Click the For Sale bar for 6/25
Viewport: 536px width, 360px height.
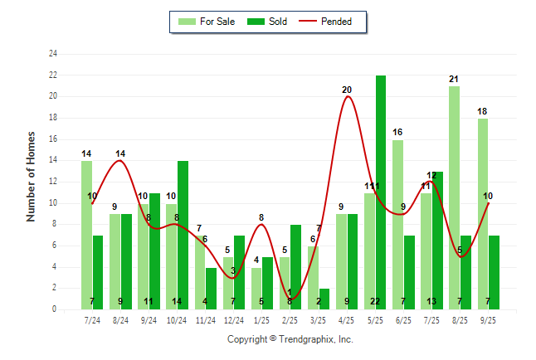pos(397,224)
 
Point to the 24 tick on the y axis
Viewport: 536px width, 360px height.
pos(53,54)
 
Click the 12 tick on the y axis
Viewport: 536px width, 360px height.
pos(53,182)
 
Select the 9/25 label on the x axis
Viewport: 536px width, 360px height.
pos(489,319)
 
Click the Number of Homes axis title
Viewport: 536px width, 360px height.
pos(32,176)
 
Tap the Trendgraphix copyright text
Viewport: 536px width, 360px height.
pos(290,339)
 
